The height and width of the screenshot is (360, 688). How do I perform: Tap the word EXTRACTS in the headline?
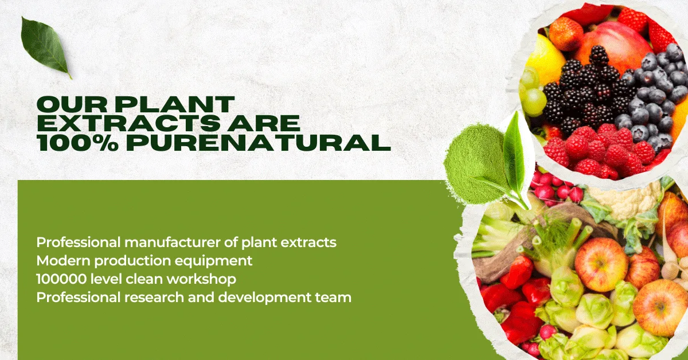[x=128, y=123]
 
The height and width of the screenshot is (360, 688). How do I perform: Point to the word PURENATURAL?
[x=259, y=143]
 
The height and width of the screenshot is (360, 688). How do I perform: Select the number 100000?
[x=61, y=279]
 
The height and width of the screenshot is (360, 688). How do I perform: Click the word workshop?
[x=201, y=280]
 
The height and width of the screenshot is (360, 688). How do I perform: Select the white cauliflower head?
[x=624, y=199]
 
